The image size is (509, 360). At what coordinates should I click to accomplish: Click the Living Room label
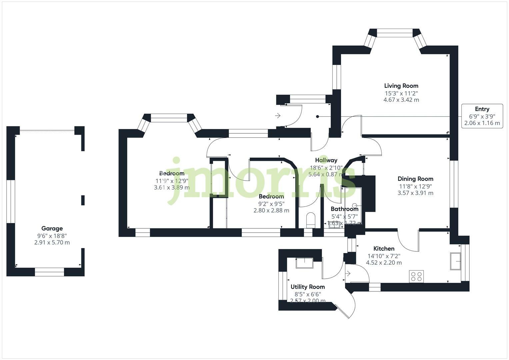pos(401,86)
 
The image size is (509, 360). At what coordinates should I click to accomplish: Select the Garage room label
pos(52,228)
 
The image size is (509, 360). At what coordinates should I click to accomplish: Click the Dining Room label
pos(415,179)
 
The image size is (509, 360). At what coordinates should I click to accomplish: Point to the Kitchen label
pos(384,248)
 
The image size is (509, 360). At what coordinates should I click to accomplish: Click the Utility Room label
pos(307,287)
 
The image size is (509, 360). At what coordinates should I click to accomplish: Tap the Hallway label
pos(326,160)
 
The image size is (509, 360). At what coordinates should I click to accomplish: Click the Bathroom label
pos(344,209)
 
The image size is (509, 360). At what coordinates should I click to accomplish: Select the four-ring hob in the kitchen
pos(416,276)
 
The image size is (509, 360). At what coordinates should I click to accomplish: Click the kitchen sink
pos(455,261)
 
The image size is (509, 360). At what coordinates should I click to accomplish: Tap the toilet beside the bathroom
pos(310,220)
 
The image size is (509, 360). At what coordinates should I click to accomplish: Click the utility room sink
pos(304,263)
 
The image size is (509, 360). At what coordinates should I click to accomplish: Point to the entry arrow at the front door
pos(277,116)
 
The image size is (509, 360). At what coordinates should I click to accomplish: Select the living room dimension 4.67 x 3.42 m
pos(401,100)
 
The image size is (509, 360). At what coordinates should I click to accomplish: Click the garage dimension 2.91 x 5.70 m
pos(52,242)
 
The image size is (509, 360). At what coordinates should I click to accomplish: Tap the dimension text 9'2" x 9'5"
pos(271,204)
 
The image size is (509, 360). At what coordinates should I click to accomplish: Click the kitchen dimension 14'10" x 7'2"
pos(384,256)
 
